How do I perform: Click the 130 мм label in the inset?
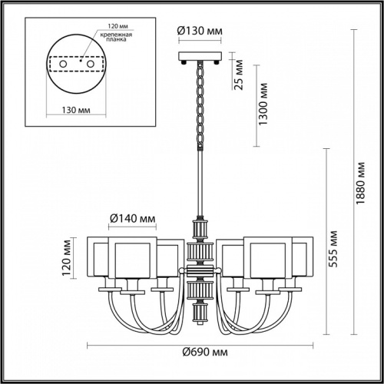coord(74,108)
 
